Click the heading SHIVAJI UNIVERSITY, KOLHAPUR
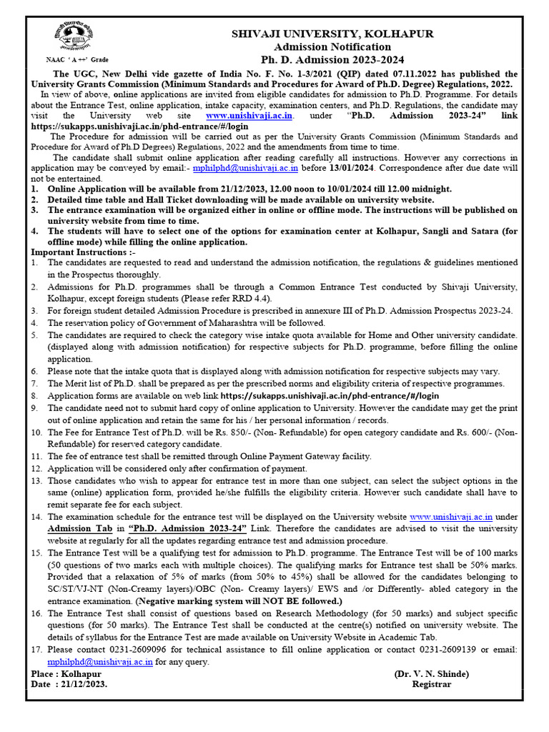point(331,34)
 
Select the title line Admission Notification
point(331,46)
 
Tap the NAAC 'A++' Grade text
point(76,60)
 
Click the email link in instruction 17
point(100,662)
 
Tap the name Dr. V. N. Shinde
point(432,673)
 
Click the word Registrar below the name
point(432,684)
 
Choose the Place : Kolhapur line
point(66,673)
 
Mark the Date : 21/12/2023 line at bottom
point(70,684)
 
